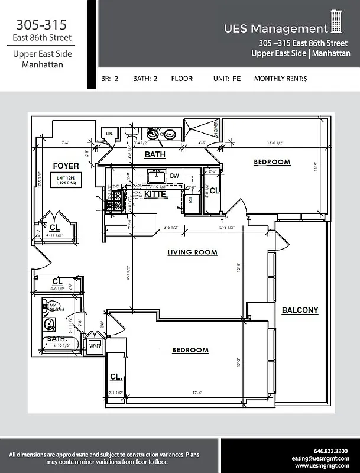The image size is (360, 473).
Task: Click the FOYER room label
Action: [66, 166]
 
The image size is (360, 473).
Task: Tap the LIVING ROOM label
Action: [192, 252]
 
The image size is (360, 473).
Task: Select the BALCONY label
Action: [300, 310]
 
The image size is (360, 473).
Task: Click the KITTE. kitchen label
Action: [156, 193]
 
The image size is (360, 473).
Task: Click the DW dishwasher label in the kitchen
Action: [174, 176]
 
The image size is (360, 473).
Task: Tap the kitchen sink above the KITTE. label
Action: [157, 175]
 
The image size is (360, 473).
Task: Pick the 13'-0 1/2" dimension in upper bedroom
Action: [280, 142]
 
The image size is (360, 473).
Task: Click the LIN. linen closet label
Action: [109, 134]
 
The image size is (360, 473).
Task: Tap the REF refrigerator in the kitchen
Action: [190, 200]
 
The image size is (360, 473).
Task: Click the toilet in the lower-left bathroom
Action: [50, 324]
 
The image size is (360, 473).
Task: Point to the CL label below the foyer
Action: [54, 226]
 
